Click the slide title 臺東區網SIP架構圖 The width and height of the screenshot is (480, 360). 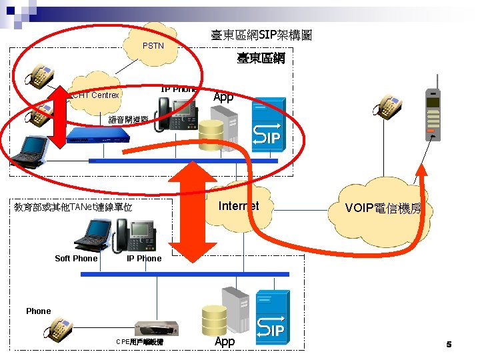(x=262, y=35)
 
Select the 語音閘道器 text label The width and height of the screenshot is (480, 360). (x=128, y=120)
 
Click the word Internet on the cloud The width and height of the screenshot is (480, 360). (x=239, y=205)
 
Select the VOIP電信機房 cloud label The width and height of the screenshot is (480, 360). (x=383, y=208)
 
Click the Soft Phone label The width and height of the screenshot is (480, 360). (x=76, y=259)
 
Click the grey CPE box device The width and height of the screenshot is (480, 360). (x=157, y=327)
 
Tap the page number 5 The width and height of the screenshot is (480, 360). (x=449, y=345)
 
